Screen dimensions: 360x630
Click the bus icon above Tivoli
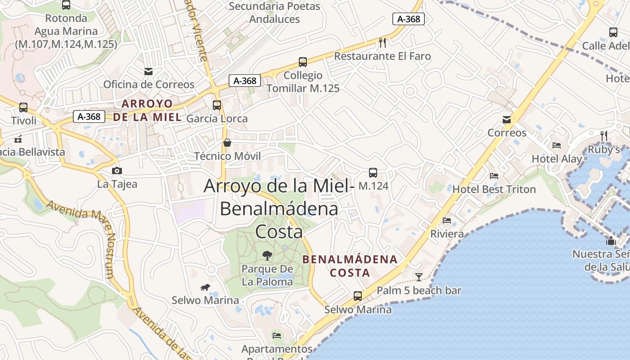(23, 108)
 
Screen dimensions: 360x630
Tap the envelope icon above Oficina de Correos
(148, 71)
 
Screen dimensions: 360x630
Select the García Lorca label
(217, 119)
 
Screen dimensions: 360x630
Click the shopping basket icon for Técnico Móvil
(227, 143)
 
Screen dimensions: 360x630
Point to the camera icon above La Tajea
(117, 171)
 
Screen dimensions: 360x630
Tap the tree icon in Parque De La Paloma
(267, 256)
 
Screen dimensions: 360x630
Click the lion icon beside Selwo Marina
(205, 287)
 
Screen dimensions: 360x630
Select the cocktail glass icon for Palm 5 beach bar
(419, 277)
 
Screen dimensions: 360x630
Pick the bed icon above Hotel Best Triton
(494, 176)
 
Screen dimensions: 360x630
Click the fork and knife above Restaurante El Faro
(382, 43)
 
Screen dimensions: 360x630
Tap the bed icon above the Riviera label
(447, 220)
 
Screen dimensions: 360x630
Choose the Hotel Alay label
(557, 159)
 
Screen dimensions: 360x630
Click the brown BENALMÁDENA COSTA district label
(350, 266)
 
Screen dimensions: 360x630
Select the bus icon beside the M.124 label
(373, 173)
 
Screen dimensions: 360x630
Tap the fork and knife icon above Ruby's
(604, 135)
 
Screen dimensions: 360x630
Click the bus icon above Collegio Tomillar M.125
(303, 62)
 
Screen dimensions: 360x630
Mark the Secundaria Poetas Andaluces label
(274, 13)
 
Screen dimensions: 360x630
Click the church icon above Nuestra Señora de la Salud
(611, 241)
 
